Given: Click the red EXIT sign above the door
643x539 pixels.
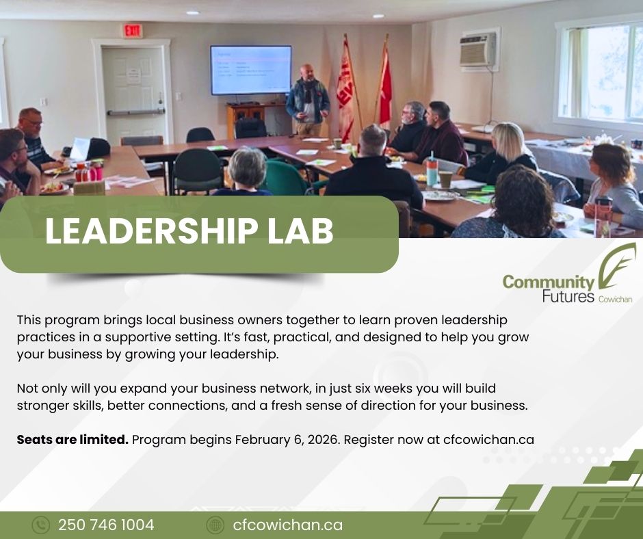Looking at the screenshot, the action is point(132,31).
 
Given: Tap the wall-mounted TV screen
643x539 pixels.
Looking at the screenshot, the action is point(251,70).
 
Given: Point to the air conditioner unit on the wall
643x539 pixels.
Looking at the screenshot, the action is point(478,50).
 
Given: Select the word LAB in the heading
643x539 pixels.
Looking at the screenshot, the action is point(300,231).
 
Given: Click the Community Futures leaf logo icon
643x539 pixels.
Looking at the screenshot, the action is point(616,266).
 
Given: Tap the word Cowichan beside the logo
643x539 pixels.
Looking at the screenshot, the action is point(615,299).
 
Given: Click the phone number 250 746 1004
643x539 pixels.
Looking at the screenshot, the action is point(106,525).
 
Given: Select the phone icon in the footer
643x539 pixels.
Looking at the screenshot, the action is point(40,525).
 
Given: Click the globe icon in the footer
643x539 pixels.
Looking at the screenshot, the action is point(215,525).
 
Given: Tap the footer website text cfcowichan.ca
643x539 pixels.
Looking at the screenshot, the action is point(287,525).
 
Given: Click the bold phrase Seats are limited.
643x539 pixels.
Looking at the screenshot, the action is point(73,439).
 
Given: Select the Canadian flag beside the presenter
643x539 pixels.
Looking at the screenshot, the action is point(384,86).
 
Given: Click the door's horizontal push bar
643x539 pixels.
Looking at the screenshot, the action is point(136,111).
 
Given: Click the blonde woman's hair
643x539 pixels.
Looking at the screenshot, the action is point(508,141).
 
